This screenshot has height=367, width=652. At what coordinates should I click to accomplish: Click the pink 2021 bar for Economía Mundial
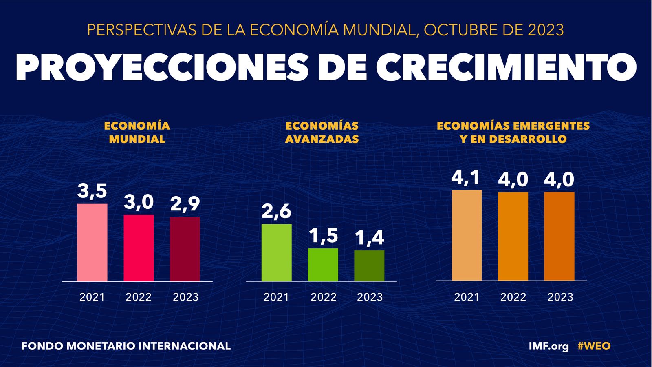[x=92, y=242]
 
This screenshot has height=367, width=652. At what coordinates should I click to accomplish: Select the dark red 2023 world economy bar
[x=185, y=249]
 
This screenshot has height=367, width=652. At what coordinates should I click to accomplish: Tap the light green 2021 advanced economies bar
[x=277, y=252]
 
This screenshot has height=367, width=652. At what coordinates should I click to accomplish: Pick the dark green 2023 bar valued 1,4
[x=369, y=265]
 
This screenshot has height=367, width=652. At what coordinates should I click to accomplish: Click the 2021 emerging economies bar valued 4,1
[x=467, y=235]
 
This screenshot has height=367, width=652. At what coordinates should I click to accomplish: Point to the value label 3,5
[x=92, y=191]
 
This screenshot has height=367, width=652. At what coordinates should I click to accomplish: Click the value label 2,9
[x=185, y=204]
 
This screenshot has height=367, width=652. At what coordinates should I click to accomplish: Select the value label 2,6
[x=276, y=211]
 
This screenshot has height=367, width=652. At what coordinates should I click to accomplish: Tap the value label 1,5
[x=323, y=235]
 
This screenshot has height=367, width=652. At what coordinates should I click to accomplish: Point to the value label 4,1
[x=465, y=177]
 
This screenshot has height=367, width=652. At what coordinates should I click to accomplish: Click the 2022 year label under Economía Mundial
[x=139, y=297]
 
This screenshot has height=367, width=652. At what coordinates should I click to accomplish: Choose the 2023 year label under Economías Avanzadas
[x=370, y=297]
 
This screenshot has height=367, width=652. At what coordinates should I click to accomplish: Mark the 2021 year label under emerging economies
[x=467, y=297]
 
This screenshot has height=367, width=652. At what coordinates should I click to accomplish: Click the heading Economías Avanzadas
[x=322, y=133]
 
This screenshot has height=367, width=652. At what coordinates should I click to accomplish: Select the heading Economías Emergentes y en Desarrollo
[x=513, y=133]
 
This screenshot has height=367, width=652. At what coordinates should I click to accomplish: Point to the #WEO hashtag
[x=594, y=346]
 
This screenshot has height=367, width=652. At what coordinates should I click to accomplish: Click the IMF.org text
[x=548, y=346]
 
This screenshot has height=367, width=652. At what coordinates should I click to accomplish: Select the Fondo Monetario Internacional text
[x=126, y=346]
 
